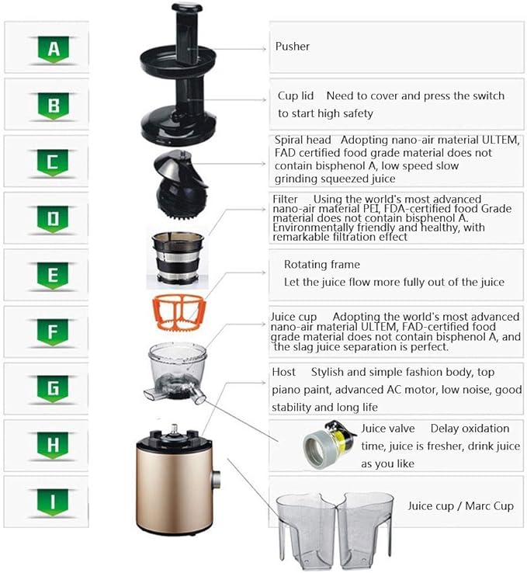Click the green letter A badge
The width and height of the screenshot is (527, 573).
[54, 50]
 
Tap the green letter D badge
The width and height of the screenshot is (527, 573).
[54, 219]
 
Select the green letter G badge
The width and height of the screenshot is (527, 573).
[54, 389]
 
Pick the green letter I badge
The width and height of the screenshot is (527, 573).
[54, 502]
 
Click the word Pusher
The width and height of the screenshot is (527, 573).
[293, 47]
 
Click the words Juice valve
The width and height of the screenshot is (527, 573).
[388, 429]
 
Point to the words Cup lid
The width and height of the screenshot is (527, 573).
[296, 96]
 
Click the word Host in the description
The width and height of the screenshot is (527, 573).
[283, 373]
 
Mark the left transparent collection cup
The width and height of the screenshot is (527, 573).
[306, 529]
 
